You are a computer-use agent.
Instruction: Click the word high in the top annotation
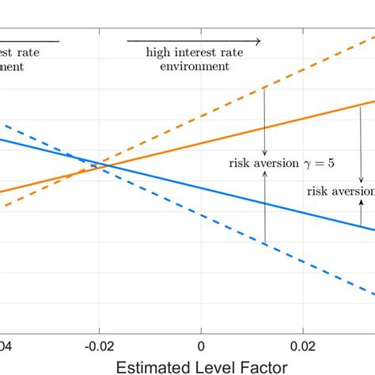(x=159, y=52)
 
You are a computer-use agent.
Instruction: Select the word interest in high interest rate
(x=199, y=52)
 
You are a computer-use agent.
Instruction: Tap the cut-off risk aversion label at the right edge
(x=342, y=191)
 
